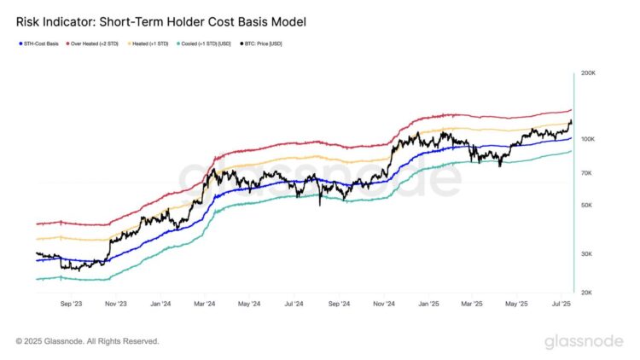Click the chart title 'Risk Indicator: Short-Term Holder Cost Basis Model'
(x=162, y=20)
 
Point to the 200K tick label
(x=588, y=74)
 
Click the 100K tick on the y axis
(x=588, y=139)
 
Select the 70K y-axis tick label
(x=586, y=173)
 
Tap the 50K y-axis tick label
(x=586, y=205)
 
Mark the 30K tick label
(x=586, y=253)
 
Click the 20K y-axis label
(x=586, y=292)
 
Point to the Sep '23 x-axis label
(x=72, y=303)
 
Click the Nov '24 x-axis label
(x=385, y=303)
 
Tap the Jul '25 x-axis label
(x=561, y=303)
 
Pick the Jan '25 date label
(x=429, y=303)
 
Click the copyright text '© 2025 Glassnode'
(x=87, y=341)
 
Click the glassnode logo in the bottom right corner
(x=585, y=342)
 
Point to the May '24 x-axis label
(x=250, y=303)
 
